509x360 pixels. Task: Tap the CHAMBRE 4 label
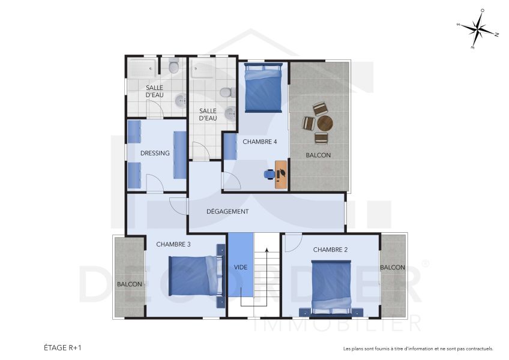(x=259, y=142)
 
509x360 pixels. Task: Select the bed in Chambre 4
(x=263, y=89)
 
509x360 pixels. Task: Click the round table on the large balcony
(x=325, y=124)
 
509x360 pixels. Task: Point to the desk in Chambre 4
(x=281, y=175)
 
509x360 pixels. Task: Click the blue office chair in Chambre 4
(x=270, y=174)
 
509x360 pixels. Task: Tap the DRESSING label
(x=155, y=153)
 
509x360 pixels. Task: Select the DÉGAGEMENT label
(x=227, y=211)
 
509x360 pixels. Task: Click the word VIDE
(x=241, y=266)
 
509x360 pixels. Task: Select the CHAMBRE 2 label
(x=330, y=250)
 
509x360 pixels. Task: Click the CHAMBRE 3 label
(x=173, y=244)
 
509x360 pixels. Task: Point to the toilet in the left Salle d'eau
(x=174, y=67)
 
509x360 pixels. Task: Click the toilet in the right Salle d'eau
(x=226, y=92)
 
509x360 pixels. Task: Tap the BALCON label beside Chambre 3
(x=129, y=284)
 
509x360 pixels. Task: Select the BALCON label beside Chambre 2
(x=393, y=267)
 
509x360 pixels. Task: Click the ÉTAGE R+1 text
(x=62, y=347)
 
